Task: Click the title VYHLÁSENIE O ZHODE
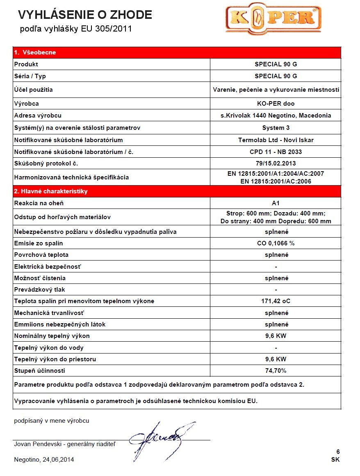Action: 85,15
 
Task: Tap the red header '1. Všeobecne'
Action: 35,52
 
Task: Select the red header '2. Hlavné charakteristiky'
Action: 51,191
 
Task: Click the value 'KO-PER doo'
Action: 276,104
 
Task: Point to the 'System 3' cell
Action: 276,128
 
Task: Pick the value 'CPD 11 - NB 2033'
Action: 276,152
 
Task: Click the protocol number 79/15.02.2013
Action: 276,164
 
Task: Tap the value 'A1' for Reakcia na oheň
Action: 276,203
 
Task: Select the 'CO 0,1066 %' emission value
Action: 276,243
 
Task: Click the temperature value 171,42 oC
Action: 276,301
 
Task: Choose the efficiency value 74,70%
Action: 276,371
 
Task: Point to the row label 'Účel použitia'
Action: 33,89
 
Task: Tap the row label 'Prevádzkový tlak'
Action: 39,290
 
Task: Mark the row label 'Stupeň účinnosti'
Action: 39,371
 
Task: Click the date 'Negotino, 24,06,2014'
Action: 44,460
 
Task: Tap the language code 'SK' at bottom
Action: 335,460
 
